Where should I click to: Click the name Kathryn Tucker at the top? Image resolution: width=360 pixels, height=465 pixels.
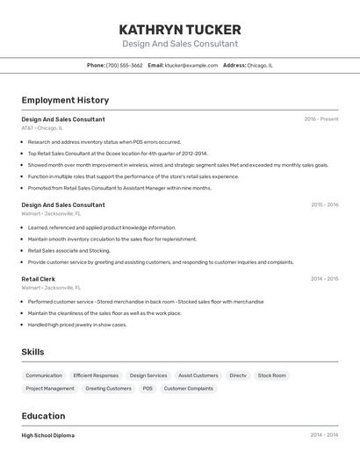tap(179, 29)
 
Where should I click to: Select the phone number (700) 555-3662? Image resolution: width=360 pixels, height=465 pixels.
tap(124, 65)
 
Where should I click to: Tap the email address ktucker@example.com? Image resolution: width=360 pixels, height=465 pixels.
tap(191, 65)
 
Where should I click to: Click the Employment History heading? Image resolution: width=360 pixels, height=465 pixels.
tap(65, 100)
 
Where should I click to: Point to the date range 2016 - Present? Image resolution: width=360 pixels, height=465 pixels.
tap(320, 119)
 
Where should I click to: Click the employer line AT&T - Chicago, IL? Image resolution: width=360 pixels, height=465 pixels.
tap(42, 128)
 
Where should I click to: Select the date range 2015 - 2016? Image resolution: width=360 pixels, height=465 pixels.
tap(324, 205)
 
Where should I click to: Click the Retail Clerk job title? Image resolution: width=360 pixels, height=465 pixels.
tap(38, 279)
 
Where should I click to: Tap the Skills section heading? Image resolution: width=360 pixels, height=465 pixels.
tap(33, 352)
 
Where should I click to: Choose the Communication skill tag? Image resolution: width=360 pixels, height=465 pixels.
tap(44, 376)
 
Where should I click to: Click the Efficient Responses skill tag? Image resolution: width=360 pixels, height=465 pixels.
tap(96, 376)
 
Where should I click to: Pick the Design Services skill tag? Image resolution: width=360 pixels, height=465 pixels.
tap(148, 376)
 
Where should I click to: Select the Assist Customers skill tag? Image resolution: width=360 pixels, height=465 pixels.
tap(198, 376)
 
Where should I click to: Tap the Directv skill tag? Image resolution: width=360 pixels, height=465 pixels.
tap(238, 376)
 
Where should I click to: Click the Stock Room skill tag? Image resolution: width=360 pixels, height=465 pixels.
tap(272, 376)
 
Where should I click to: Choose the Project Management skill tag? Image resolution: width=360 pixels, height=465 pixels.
tap(50, 388)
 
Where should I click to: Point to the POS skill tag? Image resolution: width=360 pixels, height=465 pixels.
tap(148, 388)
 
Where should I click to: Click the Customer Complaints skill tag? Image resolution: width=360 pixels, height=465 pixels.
tap(188, 388)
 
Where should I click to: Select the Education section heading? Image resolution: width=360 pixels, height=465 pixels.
tap(43, 416)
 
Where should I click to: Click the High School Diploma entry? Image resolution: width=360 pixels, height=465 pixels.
tap(48, 435)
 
